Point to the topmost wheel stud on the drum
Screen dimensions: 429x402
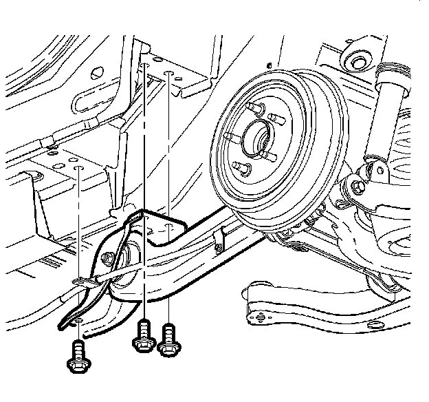tap(256, 109)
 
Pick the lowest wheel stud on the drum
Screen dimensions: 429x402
tap(240, 167)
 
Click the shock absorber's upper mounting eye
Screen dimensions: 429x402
tap(358, 61)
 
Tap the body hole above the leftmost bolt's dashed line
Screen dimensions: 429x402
tap(80, 167)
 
